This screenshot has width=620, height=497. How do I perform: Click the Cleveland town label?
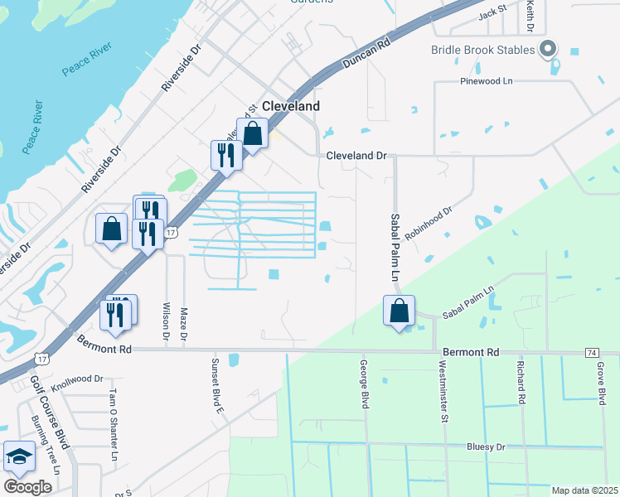pos(290,107)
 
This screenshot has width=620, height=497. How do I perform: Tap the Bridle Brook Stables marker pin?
pos(547,51)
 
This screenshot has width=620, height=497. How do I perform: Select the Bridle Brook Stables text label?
pos(482,50)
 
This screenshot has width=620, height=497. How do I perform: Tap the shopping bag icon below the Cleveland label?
pos(253,133)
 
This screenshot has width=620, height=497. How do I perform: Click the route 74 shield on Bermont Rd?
pos(591,352)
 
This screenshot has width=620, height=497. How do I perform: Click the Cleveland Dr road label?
pos(356,155)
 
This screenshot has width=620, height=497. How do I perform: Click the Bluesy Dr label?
pos(485,446)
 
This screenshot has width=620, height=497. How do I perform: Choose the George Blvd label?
pos(364,384)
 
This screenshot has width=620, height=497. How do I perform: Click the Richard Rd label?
pos(521,381)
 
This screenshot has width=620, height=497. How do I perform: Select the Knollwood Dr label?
pos(78,379)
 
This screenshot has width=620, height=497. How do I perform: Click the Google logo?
pos(27,487)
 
